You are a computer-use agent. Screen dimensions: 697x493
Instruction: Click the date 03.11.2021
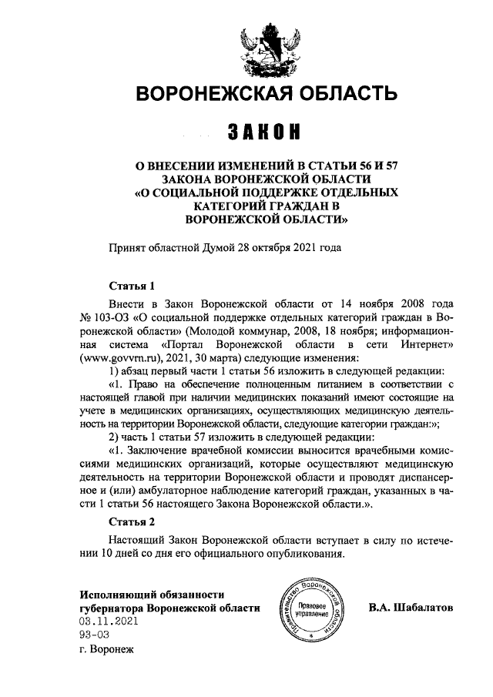pyautogui.click(x=108, y=621)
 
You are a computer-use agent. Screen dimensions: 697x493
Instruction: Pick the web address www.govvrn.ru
pyautogui.click(x=116, y=358)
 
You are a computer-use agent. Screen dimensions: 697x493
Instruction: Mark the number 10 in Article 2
pyautogui.click(x=113, y=555)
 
